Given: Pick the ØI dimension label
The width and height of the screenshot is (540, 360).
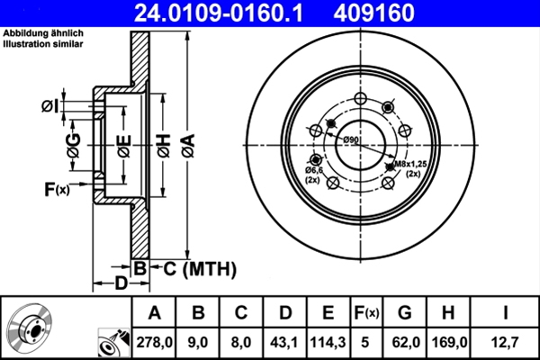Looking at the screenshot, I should pos(49,106).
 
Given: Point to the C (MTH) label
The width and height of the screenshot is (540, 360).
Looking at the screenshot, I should pos(199,268).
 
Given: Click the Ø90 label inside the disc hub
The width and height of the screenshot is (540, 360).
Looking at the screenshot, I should pos(350,140).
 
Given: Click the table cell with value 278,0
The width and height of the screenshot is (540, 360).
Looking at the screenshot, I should pos(154,341).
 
